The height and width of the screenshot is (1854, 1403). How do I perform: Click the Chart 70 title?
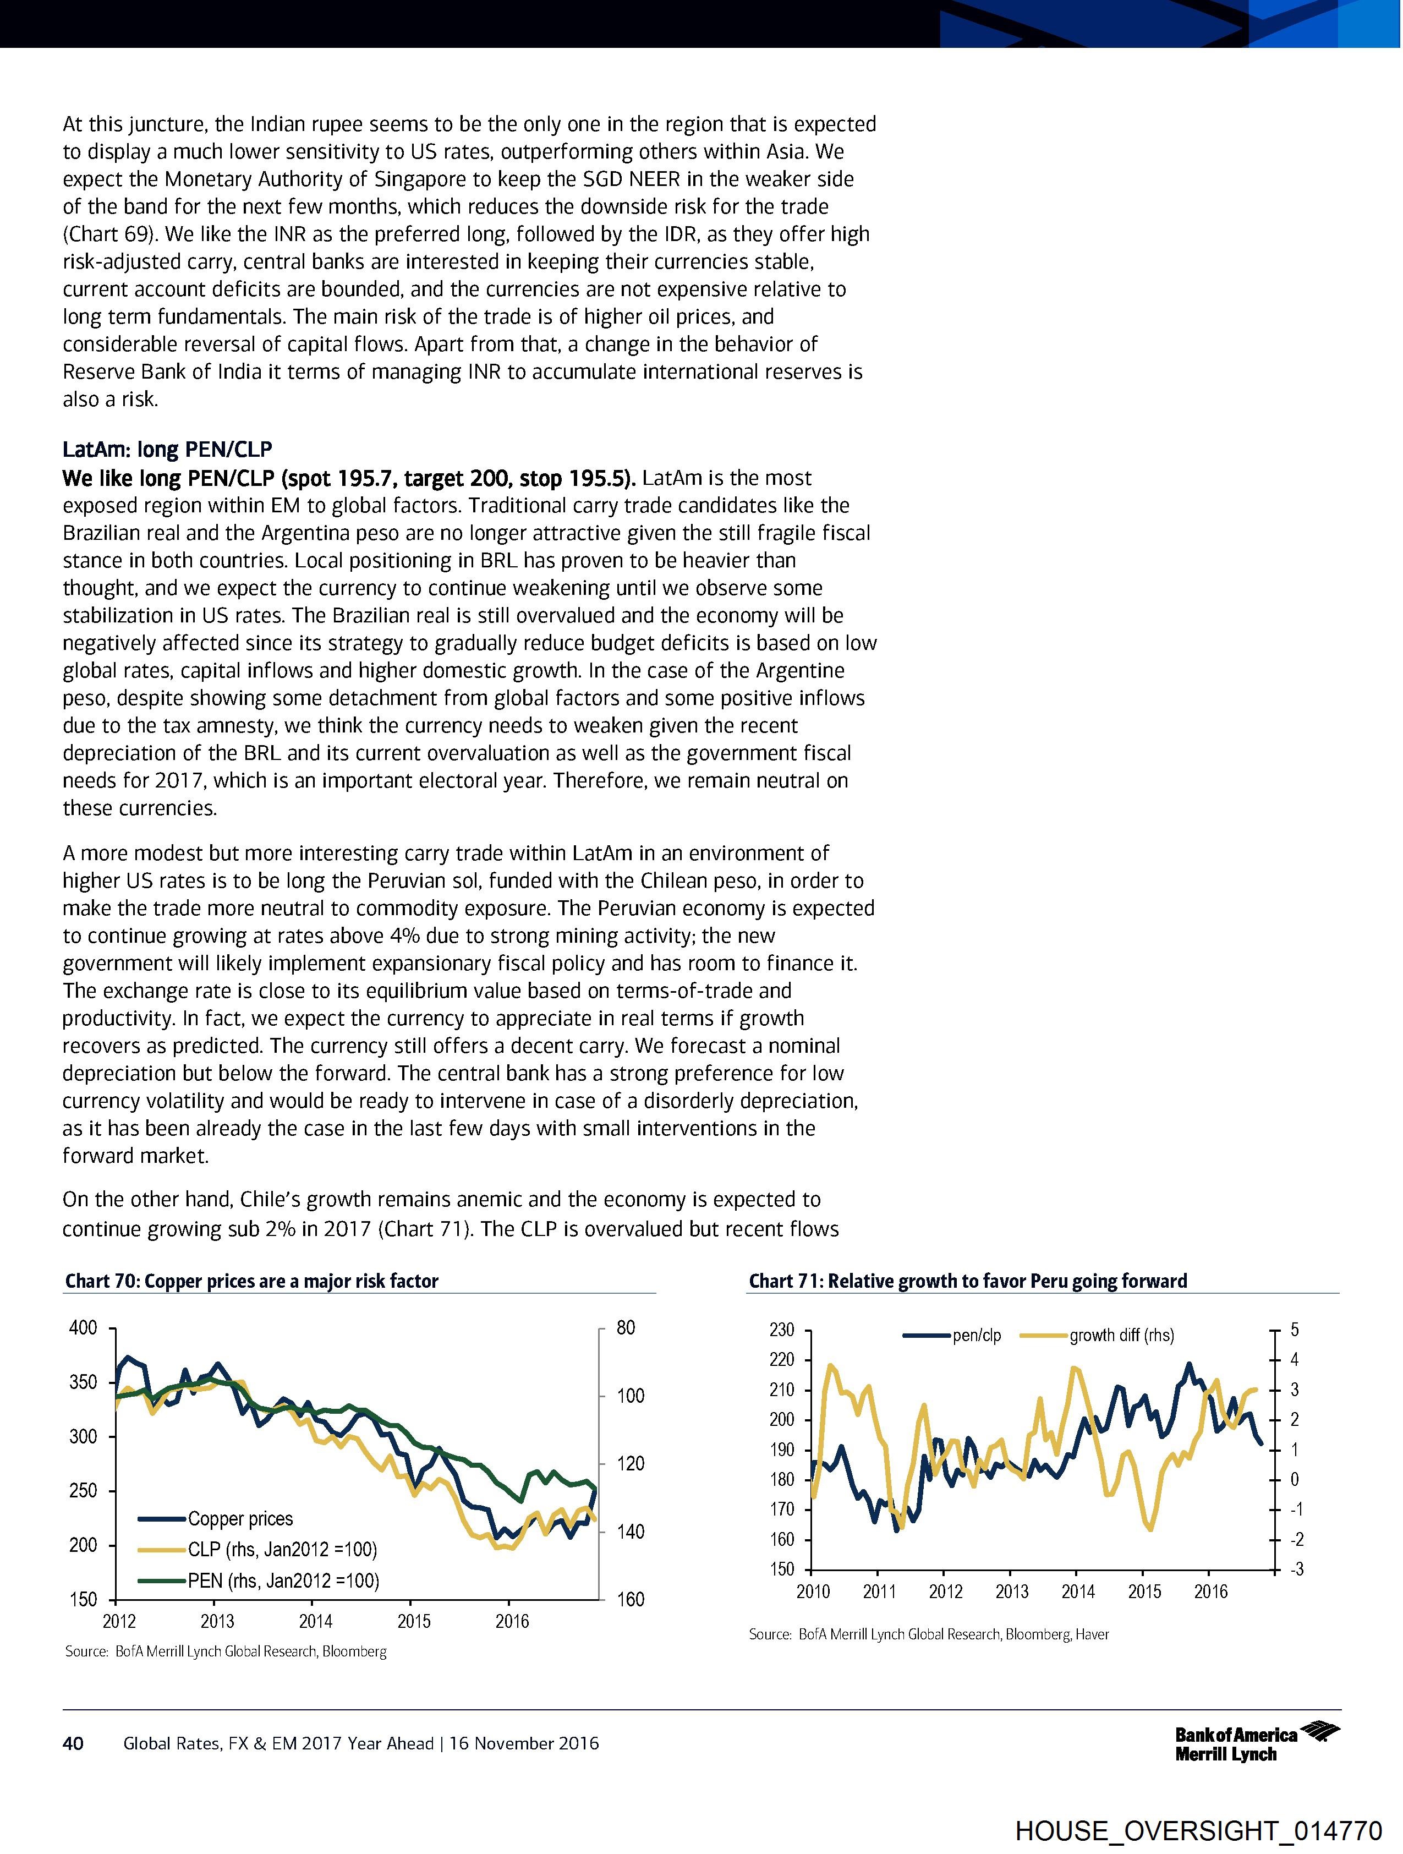pyautogui.click(x=251, y=1281)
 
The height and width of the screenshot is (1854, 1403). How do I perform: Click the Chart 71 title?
pyautogui.click(x=967, y=1281)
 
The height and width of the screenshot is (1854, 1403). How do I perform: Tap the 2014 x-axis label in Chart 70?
pyautogui.click(x=315, y=1621)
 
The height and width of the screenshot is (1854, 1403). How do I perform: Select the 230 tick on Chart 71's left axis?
pyautogui.click(x=781, y=1330)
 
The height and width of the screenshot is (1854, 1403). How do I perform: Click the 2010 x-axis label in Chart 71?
pyautogui.click(x=813, y=1591)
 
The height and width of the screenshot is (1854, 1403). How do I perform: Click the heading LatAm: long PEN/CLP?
pyautogui.click(x=168, y=450)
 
